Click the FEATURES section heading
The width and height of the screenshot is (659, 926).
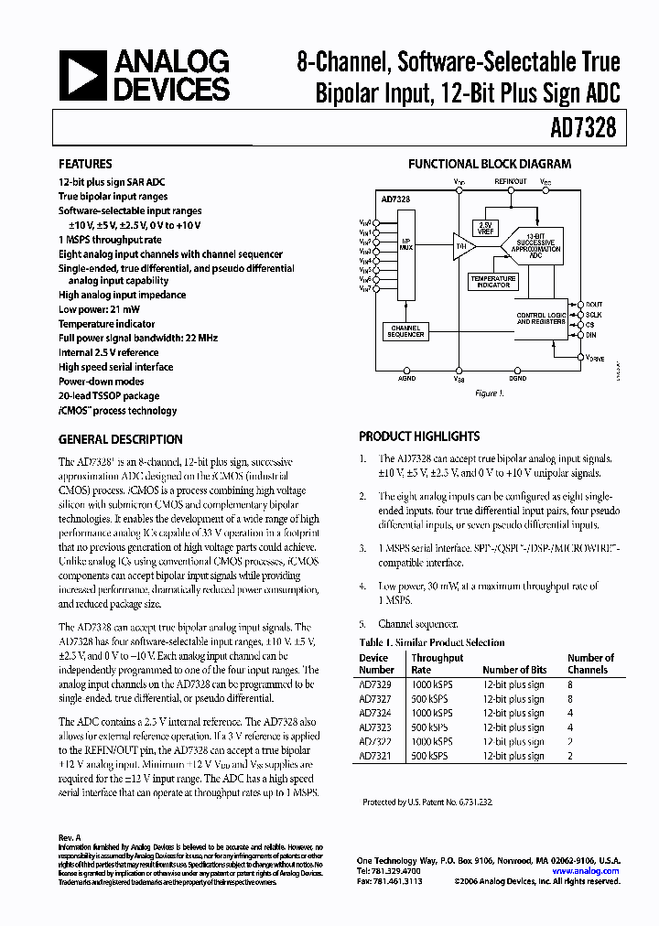coord(86,165)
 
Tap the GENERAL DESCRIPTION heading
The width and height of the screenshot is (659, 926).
coord(120,439)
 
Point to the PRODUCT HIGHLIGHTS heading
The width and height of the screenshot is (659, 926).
coord(419,436)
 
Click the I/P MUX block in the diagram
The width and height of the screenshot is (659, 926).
coord(405,247)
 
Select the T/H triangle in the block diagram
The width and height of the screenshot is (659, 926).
coord(459,247)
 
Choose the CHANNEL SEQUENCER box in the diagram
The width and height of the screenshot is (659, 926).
coord(406,331)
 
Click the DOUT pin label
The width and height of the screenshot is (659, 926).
coord(595,304)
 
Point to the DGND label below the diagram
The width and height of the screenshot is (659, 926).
coord(517,377)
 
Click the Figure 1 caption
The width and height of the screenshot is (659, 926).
coord(489,393)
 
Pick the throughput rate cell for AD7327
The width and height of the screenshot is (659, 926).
coord(432,699)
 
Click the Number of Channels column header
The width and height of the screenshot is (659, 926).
coord(589,663)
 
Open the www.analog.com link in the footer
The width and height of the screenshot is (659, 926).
coord(585,871)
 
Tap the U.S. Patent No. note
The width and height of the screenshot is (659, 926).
coord(427,802)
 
